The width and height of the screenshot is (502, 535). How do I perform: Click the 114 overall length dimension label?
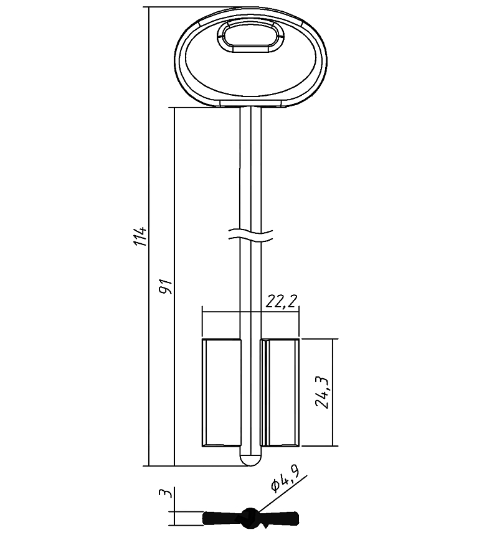(x=140, y=236)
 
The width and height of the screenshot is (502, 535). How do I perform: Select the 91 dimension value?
(x=166, y=287)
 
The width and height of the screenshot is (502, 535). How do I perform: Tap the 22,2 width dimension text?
(x=282, y=301)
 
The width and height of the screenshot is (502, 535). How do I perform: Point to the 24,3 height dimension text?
(x=322, y=393)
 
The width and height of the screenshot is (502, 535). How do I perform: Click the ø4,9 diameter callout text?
(x=285, y=480)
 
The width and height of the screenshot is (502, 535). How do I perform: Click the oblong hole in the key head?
(x=250, y=36)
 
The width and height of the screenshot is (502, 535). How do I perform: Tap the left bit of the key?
(x=222, y=393)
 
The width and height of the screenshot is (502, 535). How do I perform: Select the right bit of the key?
(x=280, y=393)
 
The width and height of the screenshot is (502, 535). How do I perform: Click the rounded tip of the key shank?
(x=250, y=460)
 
